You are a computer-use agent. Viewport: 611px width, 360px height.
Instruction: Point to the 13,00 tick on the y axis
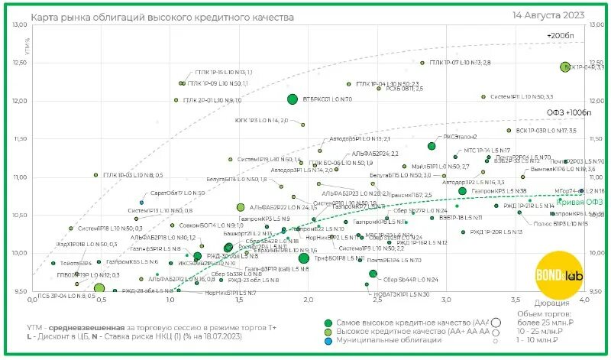click(19, 25)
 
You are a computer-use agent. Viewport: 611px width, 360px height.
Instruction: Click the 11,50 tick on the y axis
click(19, 138)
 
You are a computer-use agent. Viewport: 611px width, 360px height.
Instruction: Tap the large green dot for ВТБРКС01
click(292, 99)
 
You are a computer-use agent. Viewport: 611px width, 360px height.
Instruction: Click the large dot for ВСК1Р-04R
click(565, 67)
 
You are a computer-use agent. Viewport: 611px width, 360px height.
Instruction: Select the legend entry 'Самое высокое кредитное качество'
click(409, 323)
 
